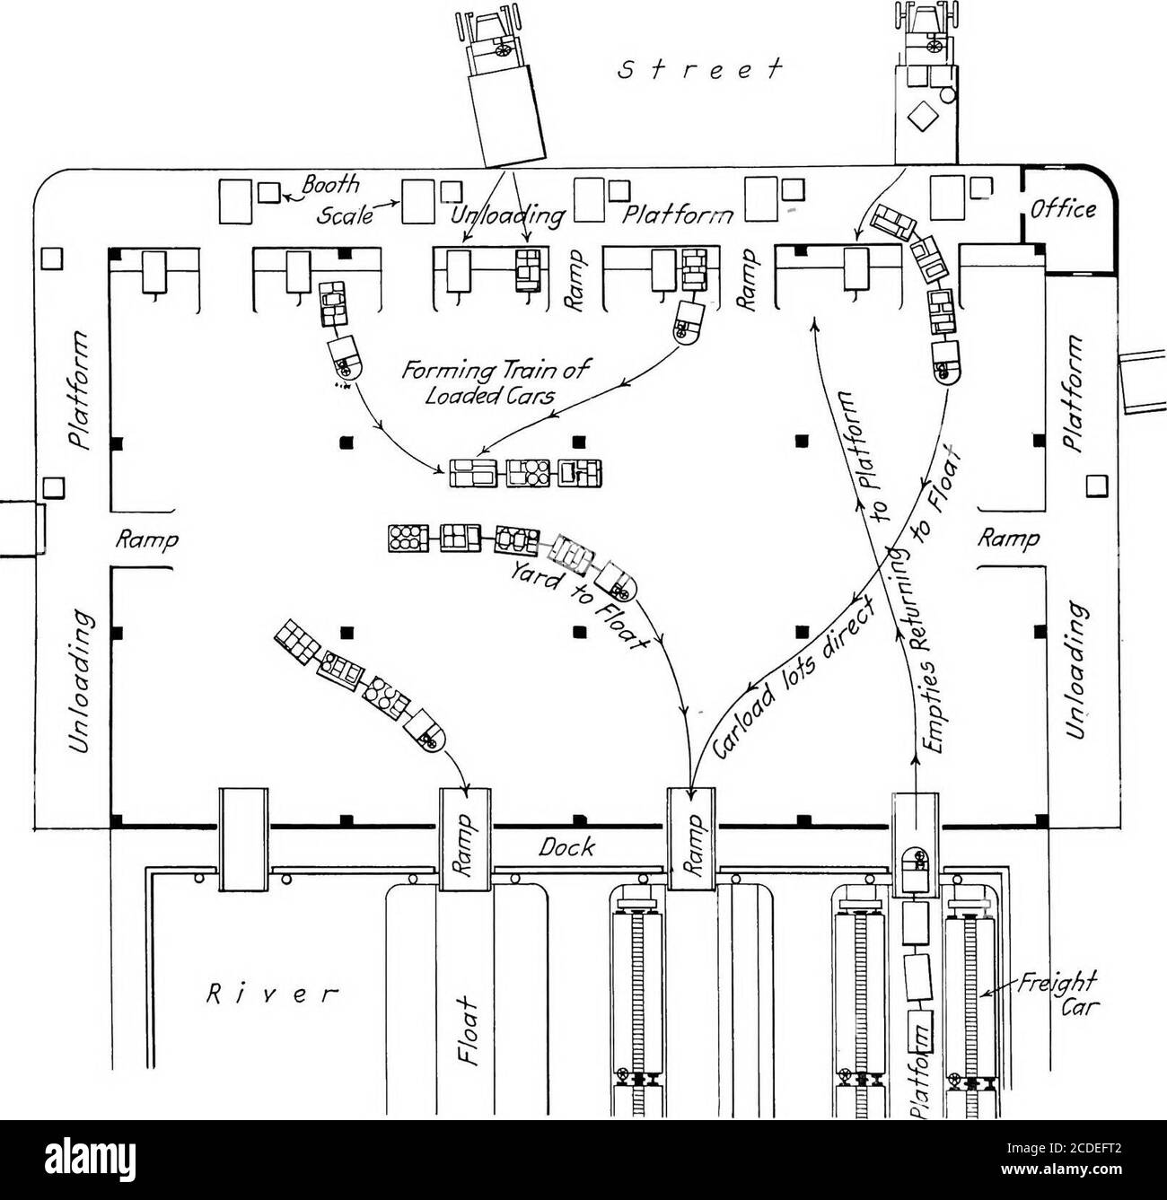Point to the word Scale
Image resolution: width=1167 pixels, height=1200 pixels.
[346, 214]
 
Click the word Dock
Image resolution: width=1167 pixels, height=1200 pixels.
[566, 848]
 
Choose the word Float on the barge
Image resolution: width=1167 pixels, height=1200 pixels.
[470, 1029]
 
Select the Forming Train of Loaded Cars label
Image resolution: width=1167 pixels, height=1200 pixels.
[496, 382]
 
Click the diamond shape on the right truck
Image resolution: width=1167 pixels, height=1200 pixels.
[923, 116]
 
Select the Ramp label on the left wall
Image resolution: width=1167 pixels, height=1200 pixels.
[147, 540]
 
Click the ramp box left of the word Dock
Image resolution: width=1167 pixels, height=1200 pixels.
[465, 838]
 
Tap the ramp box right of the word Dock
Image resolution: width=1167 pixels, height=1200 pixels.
[692, 838]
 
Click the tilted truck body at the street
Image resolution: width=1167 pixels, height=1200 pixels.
[506, 117]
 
